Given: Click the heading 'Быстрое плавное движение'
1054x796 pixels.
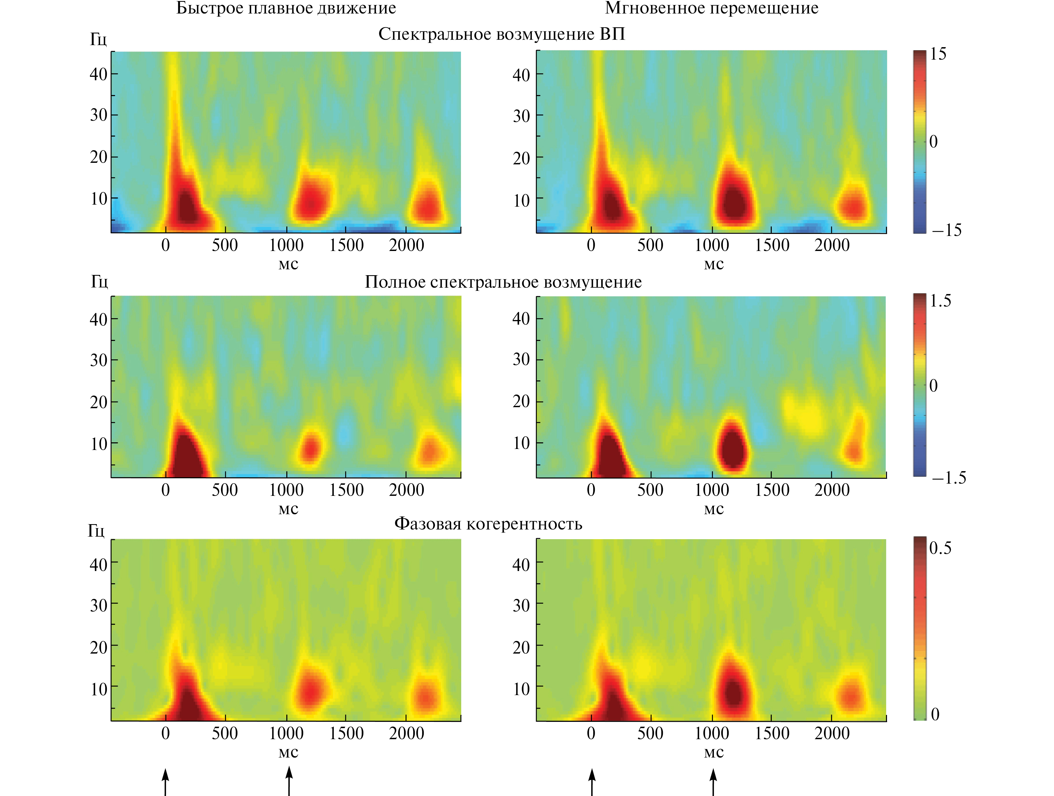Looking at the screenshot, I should click(x=286, y=9).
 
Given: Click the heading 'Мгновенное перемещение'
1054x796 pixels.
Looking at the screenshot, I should click(x=711, y=9).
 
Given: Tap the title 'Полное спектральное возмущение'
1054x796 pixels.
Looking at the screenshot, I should click(x=503, y=282).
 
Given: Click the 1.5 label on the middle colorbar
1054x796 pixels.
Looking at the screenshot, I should click(x=940, y=301).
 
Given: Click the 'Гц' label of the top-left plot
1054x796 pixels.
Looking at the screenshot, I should click(x=99, y=39).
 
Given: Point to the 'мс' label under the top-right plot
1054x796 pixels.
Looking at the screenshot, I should click(x=714, y=264).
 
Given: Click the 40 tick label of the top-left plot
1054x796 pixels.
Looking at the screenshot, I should click(x=99, y=74).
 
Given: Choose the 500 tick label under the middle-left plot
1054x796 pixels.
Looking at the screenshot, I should click(x=225, y=490).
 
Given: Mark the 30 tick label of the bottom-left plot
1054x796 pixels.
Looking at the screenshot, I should click(x=99, y=606).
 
